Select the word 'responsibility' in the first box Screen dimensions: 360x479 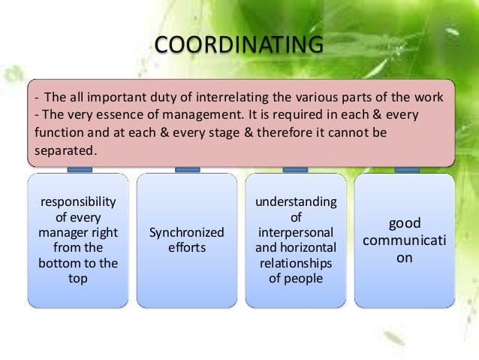[x=78, y=201]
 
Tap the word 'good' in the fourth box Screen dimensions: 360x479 [x=405, y=223]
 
